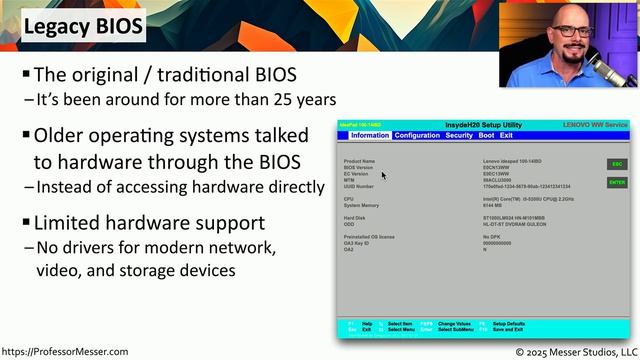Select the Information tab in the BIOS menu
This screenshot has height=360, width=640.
370,135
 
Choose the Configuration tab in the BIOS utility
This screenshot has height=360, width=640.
417,135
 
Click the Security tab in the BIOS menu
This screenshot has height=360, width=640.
459,135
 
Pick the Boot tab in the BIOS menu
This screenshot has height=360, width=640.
486,135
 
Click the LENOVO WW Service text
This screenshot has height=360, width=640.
596,125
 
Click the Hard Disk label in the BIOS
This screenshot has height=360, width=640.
355,217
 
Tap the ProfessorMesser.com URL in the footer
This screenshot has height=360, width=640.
65,352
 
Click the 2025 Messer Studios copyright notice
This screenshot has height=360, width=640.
575,352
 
